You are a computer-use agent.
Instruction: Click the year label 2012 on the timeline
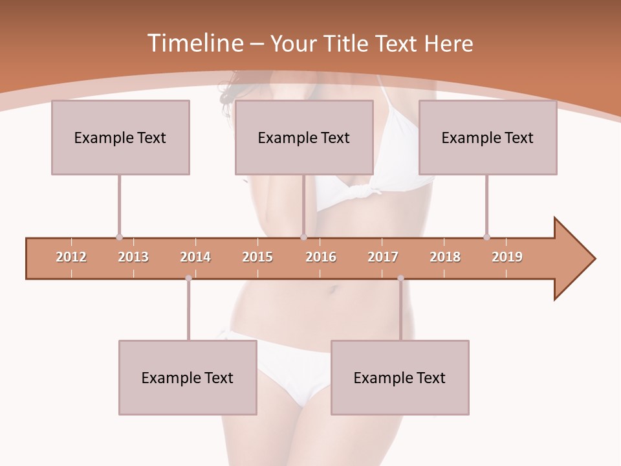tap(71, 257)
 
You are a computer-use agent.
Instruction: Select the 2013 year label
tap(133, 257)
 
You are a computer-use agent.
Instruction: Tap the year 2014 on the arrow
tap(195, 257)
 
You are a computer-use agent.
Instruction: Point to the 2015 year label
tap(257, 257)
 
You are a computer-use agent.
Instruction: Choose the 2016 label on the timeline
tap(321, 257)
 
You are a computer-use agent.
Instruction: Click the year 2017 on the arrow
tap(383, 257)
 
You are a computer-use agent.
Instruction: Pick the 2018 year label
tap(445, 257)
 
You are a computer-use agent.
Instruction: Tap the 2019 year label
tap(507, 257)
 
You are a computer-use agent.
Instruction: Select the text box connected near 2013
tap(120, 137)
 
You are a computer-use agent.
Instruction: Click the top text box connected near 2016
tap(304, 137)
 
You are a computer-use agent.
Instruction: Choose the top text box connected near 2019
tap(488, 137)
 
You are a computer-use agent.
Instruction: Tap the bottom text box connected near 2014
tap(188, 377)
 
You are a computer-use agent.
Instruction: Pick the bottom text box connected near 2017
tap(400, 377)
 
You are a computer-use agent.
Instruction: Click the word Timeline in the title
tap(194, 43)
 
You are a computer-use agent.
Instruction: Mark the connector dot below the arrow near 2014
tap(188, 278)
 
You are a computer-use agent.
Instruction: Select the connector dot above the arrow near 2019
tap(486, 237)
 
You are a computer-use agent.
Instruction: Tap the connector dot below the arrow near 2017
tap(400, 278)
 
